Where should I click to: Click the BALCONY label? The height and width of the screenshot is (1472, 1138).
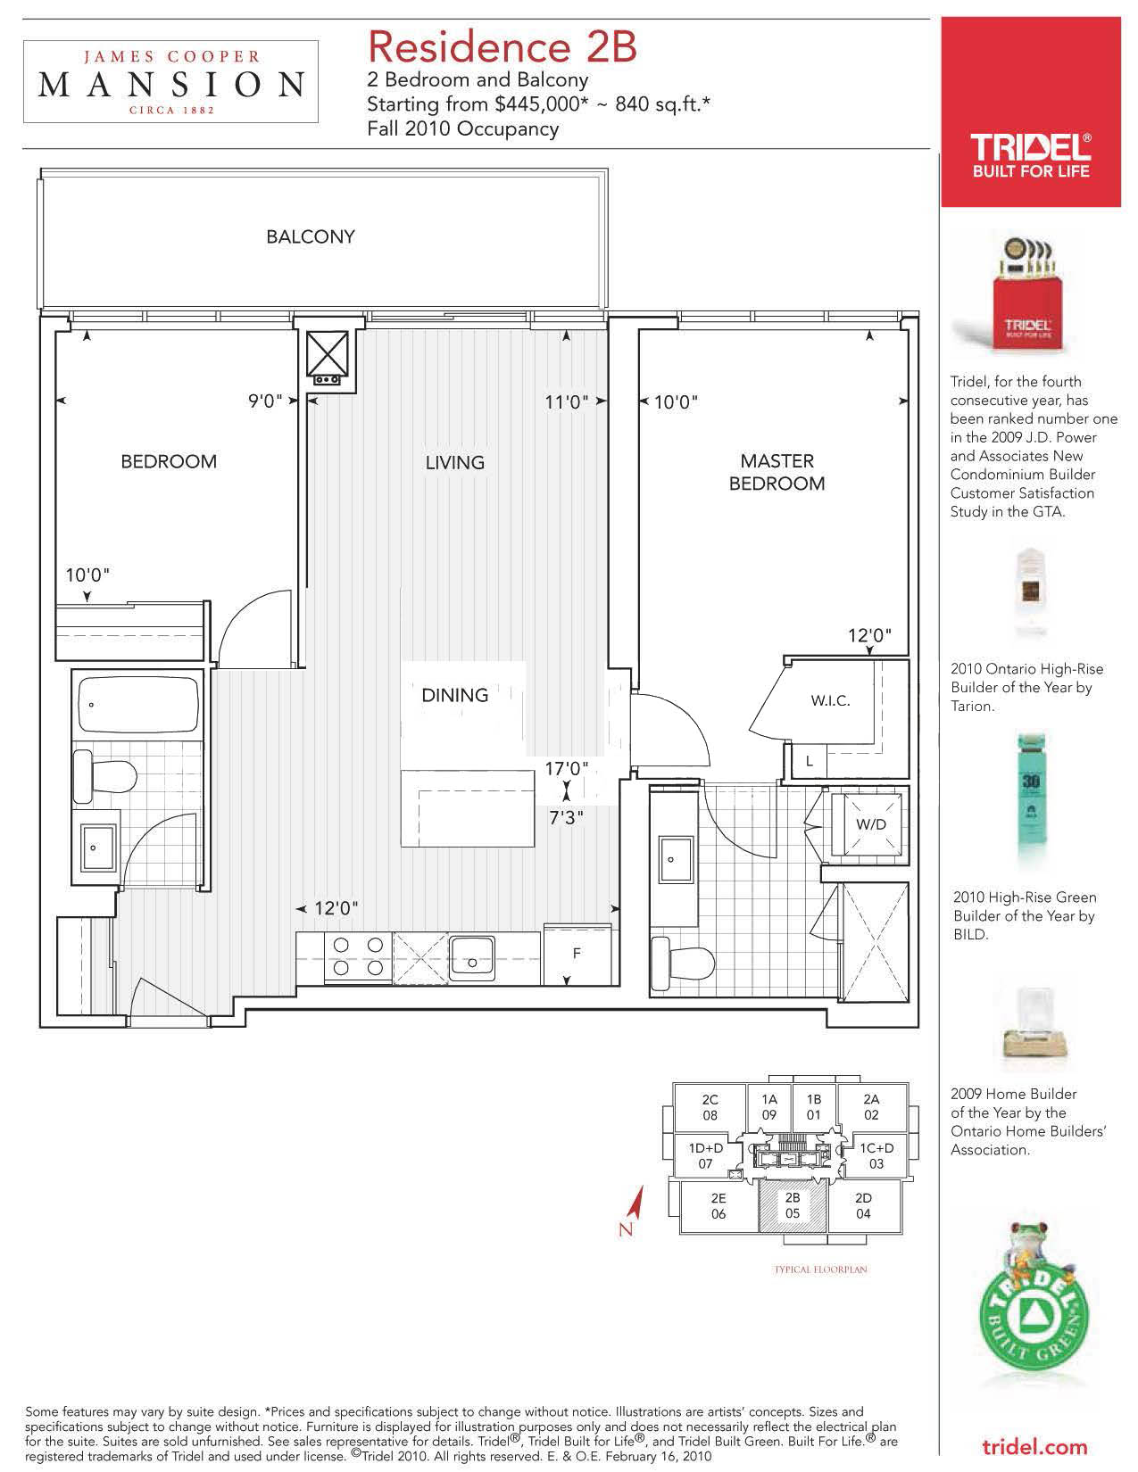coord(311,236)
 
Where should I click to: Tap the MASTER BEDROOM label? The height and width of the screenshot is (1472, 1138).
coord(777,472)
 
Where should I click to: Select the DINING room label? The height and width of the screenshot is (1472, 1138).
coord(455,695)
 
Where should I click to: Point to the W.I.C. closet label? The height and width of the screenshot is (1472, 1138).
coord(830,700)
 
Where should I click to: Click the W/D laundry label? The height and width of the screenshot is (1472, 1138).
coord(871,824)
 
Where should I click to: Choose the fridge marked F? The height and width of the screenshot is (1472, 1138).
coord(577,955)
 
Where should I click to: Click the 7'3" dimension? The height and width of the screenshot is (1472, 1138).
coord(566,817)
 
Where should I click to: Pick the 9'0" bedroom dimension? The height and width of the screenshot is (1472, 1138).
coord(265,401)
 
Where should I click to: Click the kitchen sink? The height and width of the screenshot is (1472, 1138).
coord(472,958)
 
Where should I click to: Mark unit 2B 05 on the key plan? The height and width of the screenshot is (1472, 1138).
coord(793,1205)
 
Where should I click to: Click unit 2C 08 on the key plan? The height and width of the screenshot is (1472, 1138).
coord(710,1107)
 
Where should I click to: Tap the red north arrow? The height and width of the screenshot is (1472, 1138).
coord(635,1203)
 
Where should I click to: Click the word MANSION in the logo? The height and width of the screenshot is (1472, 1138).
coord(170,85)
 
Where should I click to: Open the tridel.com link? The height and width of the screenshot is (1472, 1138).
coord(1034,1448)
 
